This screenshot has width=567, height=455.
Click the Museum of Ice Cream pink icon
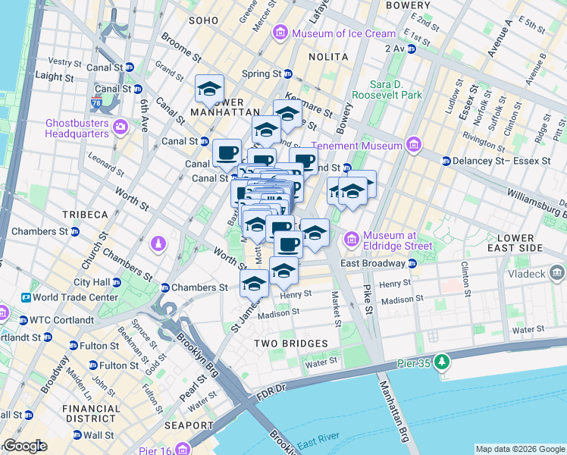pyautogui.click(x=281, y=33)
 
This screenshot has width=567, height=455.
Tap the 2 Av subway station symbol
pyautogui.click(x=412, y=49)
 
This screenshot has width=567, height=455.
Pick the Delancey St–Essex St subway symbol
pyautogui.click(x=446, y=161)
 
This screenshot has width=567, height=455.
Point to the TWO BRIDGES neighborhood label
pyautogui.click(x=291, y=344)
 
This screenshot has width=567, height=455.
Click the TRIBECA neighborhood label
pyautogui.click(x=85, y=215)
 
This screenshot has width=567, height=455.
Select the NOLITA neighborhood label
pyautogui.click(x=328, y=57)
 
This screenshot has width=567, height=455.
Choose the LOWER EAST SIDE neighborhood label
pyautogui.click(x=515, y=243)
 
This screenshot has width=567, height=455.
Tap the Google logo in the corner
pyautogui.click(x=24, y=446)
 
